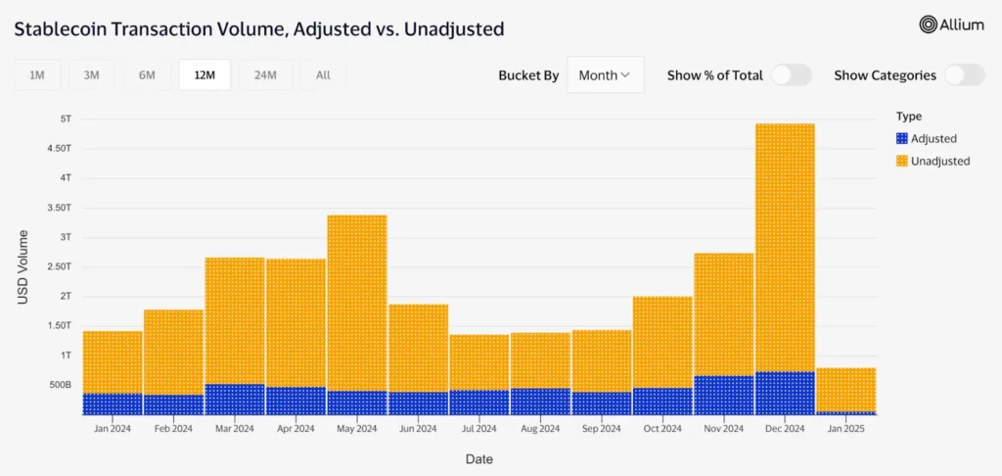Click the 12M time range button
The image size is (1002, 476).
click(205, 75)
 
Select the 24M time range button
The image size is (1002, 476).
click(264, 75)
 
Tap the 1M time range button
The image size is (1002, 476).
click(37, 75)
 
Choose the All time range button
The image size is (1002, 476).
click(323, 75)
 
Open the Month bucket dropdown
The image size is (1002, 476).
click(605, 75)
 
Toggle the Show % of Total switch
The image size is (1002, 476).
click(791, 75)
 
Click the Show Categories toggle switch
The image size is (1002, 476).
click(964, 75)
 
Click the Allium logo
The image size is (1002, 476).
click(951, 25)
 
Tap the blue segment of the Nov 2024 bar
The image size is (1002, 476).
click(723, 394)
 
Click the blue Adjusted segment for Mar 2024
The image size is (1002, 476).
click(235, 399)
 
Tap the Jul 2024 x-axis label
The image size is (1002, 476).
click(478, 428)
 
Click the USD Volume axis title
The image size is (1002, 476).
click(23, 266)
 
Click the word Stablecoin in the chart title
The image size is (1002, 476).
click(61, 29)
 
